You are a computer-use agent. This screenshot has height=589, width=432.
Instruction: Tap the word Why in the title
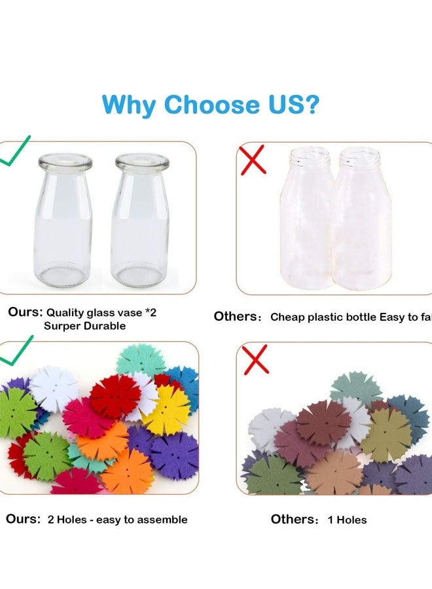click(129, 105)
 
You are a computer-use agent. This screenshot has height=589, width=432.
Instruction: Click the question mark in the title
click(312, 105)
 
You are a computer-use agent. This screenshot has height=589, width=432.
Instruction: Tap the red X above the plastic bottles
click(253, 160)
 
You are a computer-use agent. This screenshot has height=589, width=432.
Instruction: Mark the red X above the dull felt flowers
click(255, 360)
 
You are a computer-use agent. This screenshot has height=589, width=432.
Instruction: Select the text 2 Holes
click(69, 520)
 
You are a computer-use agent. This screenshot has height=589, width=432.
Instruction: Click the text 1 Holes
click(346, 520)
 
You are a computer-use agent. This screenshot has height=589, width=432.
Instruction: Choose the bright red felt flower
click(115, 397)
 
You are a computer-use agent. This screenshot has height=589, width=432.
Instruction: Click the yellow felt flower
click(167, 410)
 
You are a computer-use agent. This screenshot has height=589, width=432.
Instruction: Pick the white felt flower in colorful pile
click(54, 388)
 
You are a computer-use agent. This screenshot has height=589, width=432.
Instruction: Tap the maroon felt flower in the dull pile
click(323, 423)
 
